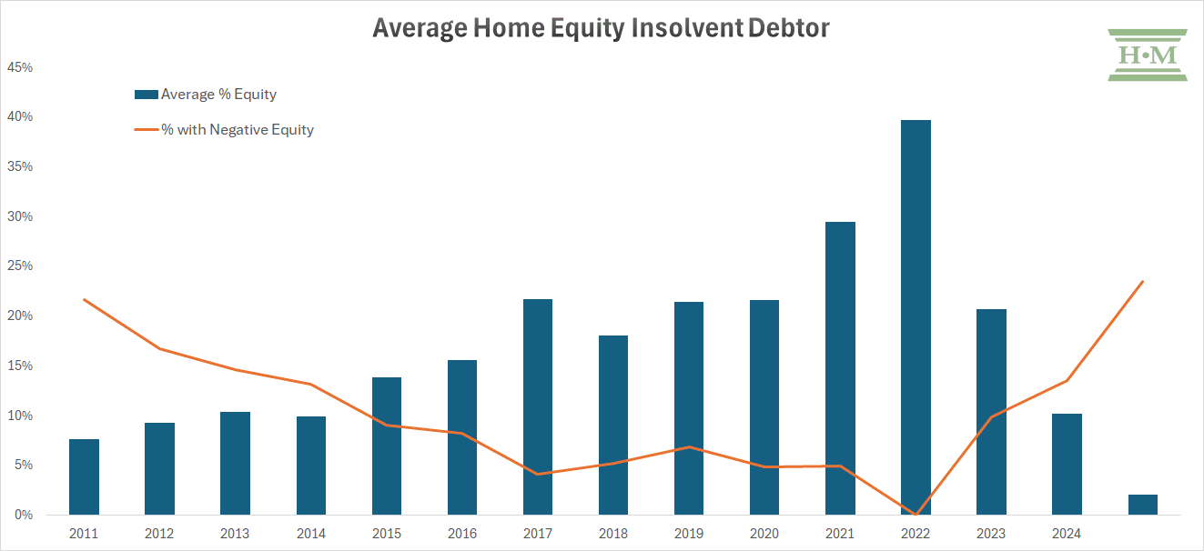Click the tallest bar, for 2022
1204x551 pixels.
point(916,317)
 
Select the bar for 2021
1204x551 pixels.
point(840,368)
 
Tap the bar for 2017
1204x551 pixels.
point(538,407)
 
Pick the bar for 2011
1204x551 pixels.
point(84,476)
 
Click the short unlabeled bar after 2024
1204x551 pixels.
point(1143,505)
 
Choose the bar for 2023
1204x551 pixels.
point(991,412)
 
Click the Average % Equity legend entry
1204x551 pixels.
point(206,95)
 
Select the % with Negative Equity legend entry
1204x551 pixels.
point(224,130)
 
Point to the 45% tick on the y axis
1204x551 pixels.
point(20,67)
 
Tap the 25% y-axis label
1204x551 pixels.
point(20,265)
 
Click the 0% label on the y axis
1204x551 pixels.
point(24,515)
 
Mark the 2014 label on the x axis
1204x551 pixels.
point(311,534)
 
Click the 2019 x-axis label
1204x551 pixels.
point(689,534)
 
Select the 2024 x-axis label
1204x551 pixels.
point(1067,534)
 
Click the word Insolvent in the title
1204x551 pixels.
point(687,28)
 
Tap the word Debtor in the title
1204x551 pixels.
point(788,28)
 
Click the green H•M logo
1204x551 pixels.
point(1148,55)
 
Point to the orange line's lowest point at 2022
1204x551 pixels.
point(916,515)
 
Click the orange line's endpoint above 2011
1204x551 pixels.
point(85,300)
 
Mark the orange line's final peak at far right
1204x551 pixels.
point(1142,281)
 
